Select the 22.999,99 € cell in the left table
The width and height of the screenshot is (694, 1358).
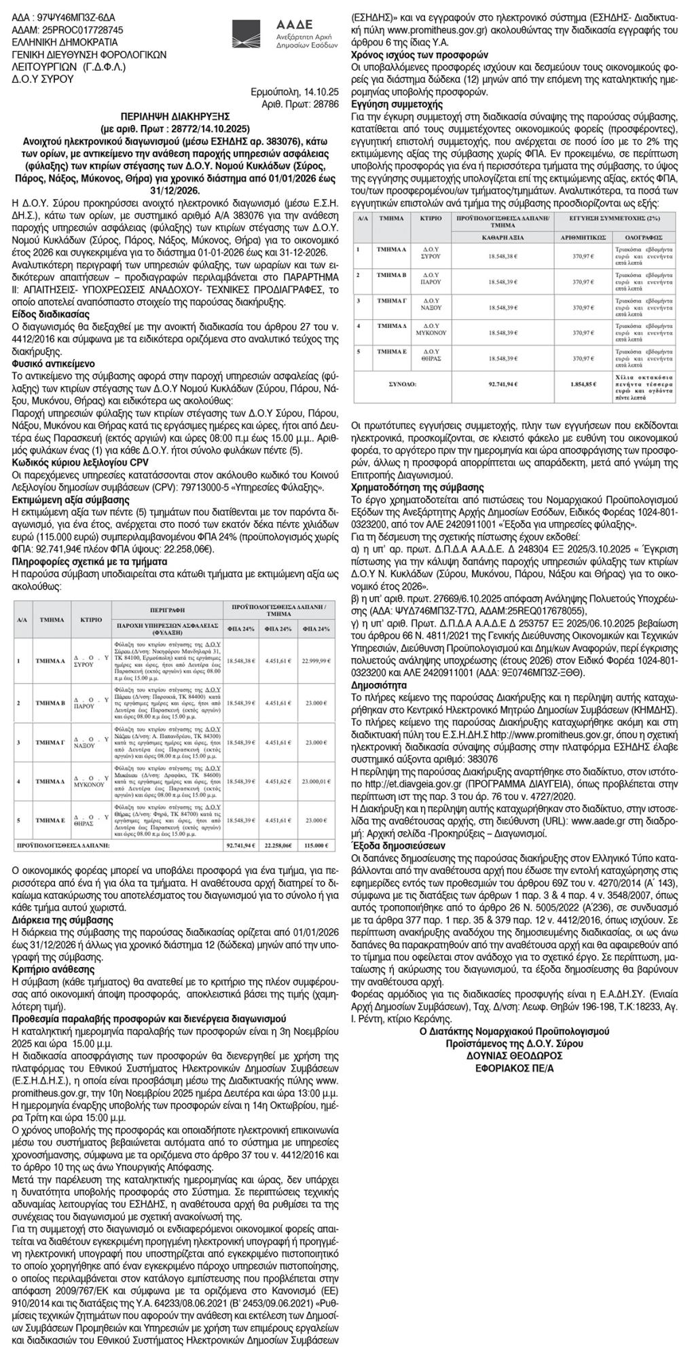click(x=314, y=659)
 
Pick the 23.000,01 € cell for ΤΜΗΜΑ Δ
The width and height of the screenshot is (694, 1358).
click(x=314, y=781)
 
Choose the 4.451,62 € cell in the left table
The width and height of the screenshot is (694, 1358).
click(x=276, y=781)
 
